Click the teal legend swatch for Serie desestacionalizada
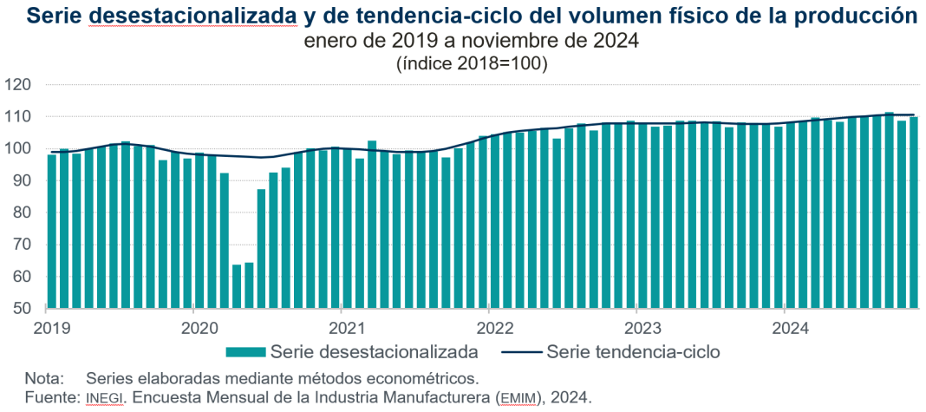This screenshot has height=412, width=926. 245,352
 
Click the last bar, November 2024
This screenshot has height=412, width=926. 914,213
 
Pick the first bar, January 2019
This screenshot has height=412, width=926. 52,231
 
